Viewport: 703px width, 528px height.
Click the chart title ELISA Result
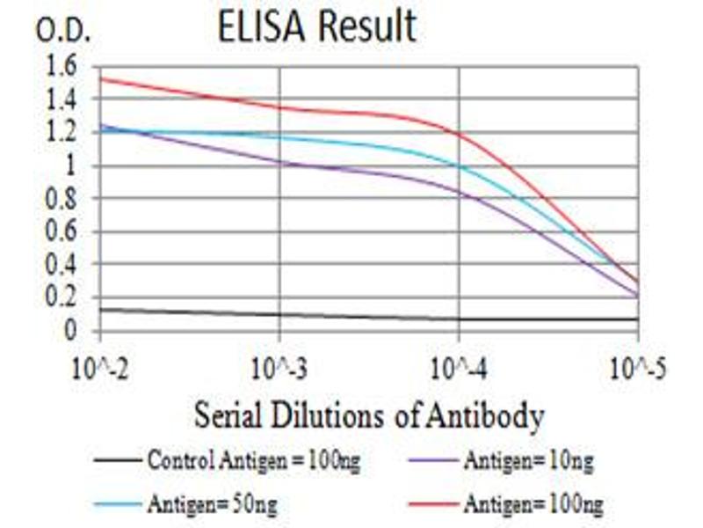click(317, 27)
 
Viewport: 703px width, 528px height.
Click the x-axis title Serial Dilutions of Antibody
click(369, 414)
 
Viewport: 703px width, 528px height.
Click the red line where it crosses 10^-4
click(459, 134)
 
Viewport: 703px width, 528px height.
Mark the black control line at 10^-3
click(279, 315)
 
